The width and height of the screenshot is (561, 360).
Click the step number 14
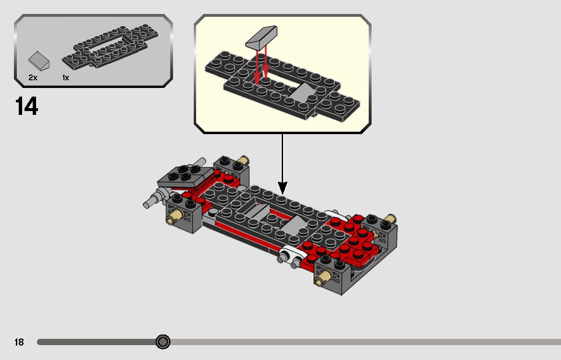pyautogui.click(x=27, y=106)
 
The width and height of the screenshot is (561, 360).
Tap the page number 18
pyautogui.click(x=19, y=342)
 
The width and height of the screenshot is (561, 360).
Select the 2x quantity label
pyautogui.click(x=33, y=77)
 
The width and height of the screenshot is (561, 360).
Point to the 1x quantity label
pyautogui.click(x=65, y=77)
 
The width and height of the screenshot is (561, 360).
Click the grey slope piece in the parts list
pyautogui.click(x=39, y=61)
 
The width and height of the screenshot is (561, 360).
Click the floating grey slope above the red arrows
pyautogui.click(x=262, y=37)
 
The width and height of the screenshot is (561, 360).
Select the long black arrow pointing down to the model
pyautogui.click(x=283, y=163)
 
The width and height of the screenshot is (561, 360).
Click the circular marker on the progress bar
pyautogui.click(x=163, y=342)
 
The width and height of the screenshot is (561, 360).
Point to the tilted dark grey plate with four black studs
pyautogui.click(x=185, y=176)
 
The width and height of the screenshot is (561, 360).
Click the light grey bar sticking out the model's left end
pyautogui.click(x=153, y=200)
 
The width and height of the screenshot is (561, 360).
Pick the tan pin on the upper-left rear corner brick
pyautogui.click(x=244, y=161)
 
